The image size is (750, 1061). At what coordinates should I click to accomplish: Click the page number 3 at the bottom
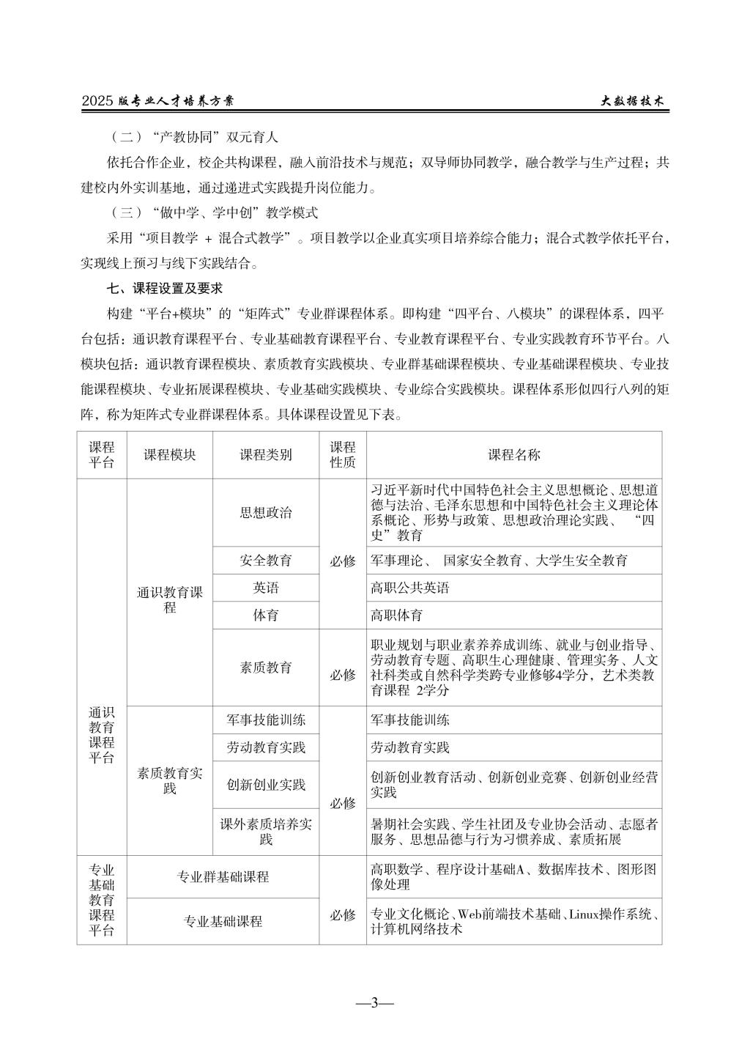pos(374,1003)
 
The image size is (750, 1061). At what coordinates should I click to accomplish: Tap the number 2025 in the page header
pos(97,103)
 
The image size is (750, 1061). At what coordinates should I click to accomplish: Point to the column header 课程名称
pos(513,455)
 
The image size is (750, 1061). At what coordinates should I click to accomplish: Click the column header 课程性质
pos(342,455)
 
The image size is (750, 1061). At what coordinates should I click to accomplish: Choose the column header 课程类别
pos(266,455)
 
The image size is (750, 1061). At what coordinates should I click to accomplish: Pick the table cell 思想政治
pos(266,513)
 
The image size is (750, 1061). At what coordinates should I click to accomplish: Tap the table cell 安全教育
pos(266,561)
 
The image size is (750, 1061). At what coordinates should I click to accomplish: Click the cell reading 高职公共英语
pos(410,588)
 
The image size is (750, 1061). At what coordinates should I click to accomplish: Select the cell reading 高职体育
pos(397,615)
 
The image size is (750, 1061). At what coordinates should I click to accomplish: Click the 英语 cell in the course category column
pos(266,588)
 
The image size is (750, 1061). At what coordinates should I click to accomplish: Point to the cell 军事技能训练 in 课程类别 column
pos(266,720)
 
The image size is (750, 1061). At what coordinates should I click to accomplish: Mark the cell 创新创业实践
pos(266,785)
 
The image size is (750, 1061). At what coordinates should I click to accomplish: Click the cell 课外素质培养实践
pos(266,832)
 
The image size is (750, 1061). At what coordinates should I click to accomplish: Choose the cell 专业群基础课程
pos(223,877)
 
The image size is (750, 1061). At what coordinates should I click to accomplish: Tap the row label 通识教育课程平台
pos(102,735)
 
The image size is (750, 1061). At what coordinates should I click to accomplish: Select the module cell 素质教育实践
pos(170,780)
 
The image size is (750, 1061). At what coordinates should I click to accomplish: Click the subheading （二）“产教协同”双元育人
pos(193,137)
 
